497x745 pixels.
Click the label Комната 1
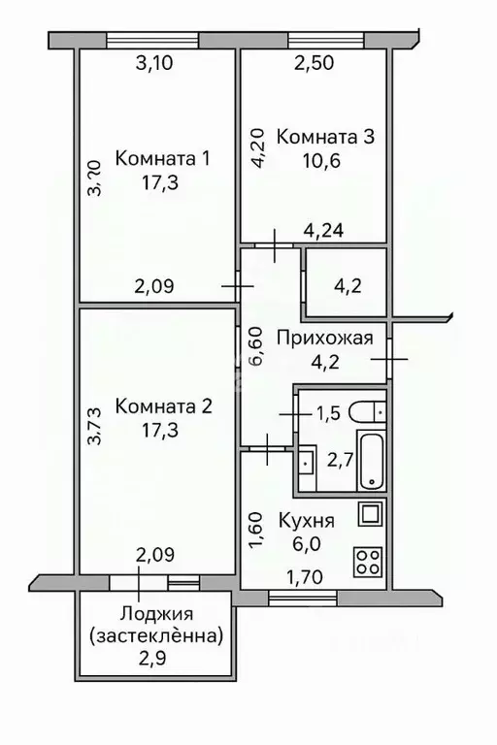(x=162, y=158)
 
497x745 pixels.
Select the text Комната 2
(x=162, y=406)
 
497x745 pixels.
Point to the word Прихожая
(x=324, y=339)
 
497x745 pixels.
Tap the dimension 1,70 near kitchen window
(x=306, y=581)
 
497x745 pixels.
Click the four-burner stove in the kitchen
(x=370, y=560)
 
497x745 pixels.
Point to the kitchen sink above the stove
(x=371, y=514)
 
